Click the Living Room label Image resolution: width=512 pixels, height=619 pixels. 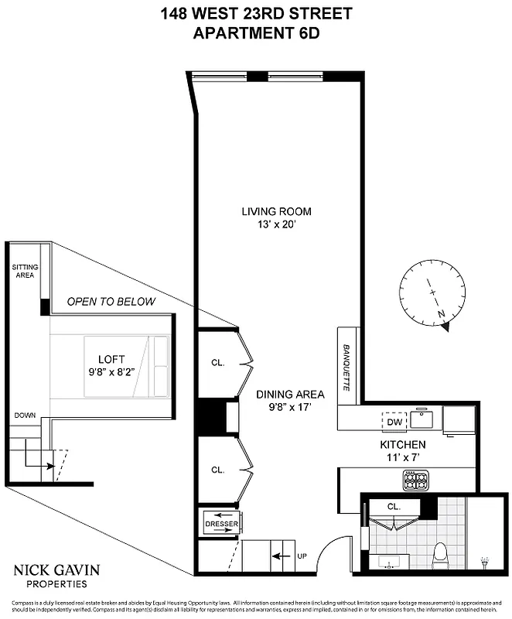point(276,211)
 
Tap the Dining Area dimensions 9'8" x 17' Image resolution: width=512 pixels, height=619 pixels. point(290,407)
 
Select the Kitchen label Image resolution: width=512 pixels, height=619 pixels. point(402,445)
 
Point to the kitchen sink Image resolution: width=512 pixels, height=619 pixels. point(422,419)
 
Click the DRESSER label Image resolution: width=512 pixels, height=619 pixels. point(220,524)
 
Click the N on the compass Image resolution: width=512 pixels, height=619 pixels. point(441,313)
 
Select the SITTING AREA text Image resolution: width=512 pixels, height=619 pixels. point(24,271)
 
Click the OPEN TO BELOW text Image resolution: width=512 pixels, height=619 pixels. point(111,301)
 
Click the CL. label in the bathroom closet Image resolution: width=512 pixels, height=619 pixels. point(394,506)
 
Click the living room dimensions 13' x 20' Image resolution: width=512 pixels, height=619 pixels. point(276,225)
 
